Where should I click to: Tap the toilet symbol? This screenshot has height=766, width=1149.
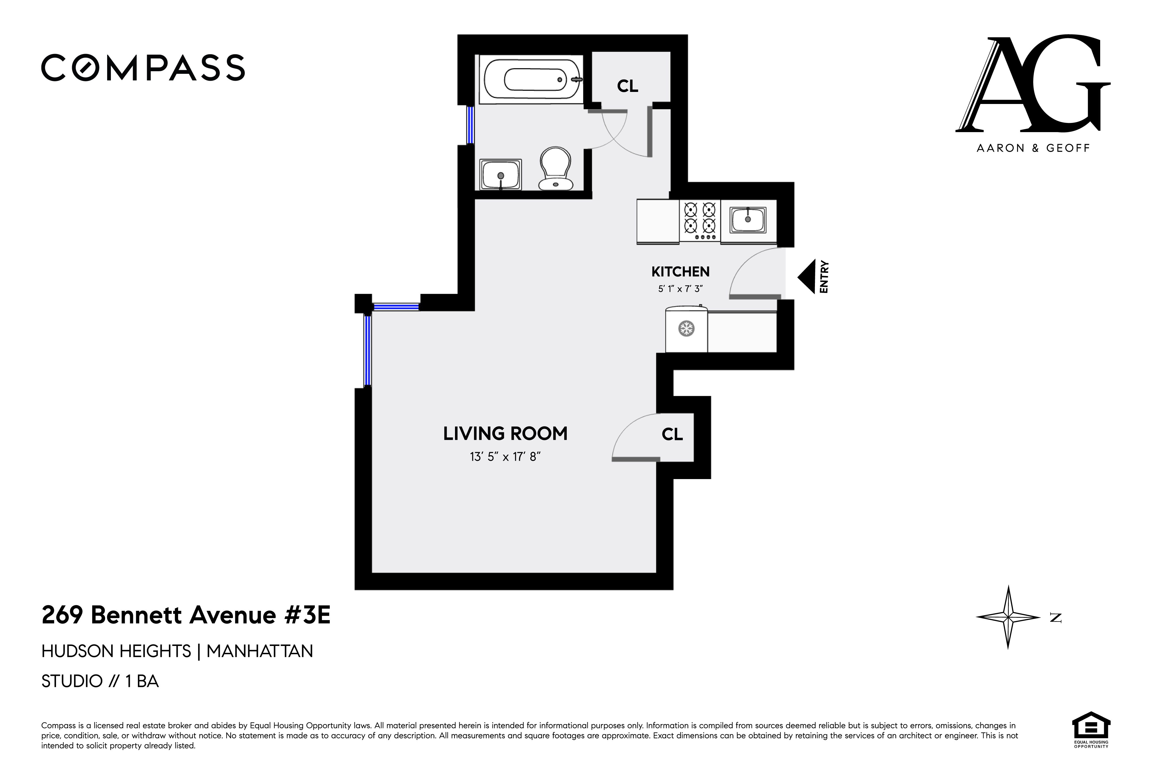(556, 169)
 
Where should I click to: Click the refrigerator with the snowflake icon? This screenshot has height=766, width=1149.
(686, 329)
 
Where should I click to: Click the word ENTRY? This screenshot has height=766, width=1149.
(824, 277)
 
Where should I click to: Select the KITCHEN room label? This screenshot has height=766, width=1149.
(680, 272)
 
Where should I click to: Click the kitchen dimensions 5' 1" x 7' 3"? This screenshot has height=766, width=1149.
(680, 289)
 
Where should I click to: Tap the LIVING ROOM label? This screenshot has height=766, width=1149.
(505, 434)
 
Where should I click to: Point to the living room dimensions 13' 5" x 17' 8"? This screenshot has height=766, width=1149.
(505, 457)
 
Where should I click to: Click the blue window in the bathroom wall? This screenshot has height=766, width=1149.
(470, 125)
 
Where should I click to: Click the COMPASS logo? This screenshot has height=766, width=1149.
(143, 68)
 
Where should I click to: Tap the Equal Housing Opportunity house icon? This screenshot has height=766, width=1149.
(1091, 726)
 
